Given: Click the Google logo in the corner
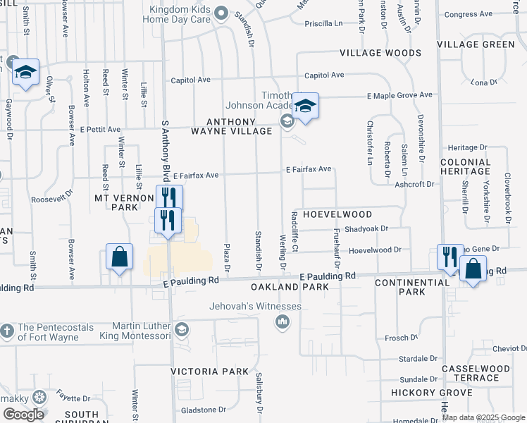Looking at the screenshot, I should click(23, 415).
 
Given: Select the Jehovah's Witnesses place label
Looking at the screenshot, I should click(255, 307).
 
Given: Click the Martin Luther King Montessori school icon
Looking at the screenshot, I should click(181, 330).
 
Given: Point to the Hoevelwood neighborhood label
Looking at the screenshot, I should click(337, 214).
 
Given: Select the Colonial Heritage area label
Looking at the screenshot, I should click(465, 166).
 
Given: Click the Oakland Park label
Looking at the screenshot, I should click(290, 288).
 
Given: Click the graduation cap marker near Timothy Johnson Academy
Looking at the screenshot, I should click(305, 106).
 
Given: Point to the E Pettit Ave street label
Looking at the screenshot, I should click(100, 130).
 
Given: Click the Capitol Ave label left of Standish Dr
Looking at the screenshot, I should click(190, 80).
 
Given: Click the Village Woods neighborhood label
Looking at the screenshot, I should click(380, 53).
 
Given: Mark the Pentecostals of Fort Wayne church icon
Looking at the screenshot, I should click(6, 331).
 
